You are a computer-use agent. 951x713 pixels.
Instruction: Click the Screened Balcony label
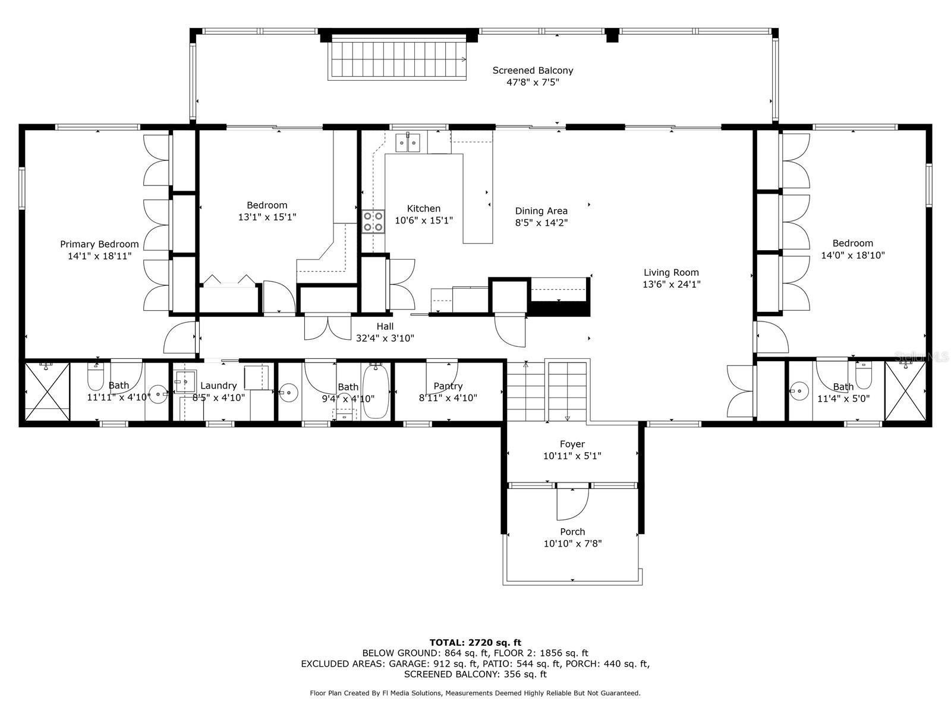(533, 71)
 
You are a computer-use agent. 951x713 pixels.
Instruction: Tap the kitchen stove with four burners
(373, 221)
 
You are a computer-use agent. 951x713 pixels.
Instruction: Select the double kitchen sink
(408, 142)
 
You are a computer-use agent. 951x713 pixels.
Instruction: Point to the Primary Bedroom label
(99, 244)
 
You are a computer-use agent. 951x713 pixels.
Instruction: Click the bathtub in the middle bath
(375, 392)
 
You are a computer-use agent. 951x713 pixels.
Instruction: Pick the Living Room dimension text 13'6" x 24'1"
(671, 285)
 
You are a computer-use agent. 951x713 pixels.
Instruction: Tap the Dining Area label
(541, 211)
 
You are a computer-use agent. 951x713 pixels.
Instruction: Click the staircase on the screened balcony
(397, 59)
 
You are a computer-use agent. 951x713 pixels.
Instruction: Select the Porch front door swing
(572, 503)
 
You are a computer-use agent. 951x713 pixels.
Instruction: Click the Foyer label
(572, 444)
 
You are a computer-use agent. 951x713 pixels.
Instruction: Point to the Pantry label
(448, 386)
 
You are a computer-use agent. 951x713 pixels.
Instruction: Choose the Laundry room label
(218, 386)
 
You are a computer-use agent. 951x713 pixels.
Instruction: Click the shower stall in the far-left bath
(47, 392)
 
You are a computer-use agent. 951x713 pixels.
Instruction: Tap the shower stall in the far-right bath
(905, 392)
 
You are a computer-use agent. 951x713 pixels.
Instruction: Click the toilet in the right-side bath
(864, 376)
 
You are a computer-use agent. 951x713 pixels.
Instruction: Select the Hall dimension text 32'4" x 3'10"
(385, 338)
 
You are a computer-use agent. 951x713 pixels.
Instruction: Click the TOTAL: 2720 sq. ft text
(475, 642)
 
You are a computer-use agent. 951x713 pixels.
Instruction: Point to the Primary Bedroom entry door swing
(180, 337)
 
